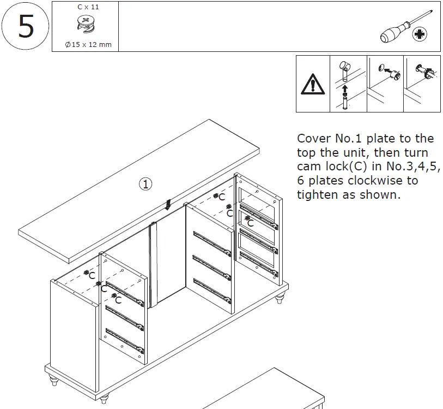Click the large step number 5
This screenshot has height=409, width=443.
pyautogui.click(x=26, y=26)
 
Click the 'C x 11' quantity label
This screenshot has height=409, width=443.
pyautogui.click(x=88, y=7)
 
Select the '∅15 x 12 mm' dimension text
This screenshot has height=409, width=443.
pyautogui.click(x=88, y=44)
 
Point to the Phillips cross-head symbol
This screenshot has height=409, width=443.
pyautogui.click(x=420, y=35)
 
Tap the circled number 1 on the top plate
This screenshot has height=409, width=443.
pyautogui.click(x=145, y=184)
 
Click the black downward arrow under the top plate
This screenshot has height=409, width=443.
pyautogui.click(x=168, y=204)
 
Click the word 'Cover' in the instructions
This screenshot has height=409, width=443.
pyautogui.click(x=314, y=138)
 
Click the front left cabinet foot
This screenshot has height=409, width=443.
pyautogui.click(x=54, y=379)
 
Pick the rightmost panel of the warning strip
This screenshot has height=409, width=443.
pyautogui.click(x=422, y=84)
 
